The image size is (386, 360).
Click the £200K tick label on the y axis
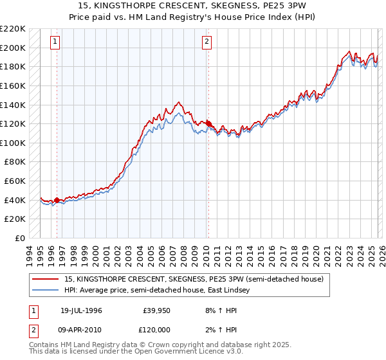[13, 48]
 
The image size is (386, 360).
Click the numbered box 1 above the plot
[56, 42]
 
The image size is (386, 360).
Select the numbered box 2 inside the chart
[207, 42]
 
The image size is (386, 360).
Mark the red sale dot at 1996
[57, 200]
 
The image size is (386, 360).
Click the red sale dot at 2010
[208, 123]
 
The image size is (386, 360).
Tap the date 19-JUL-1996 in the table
[81, 310]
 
